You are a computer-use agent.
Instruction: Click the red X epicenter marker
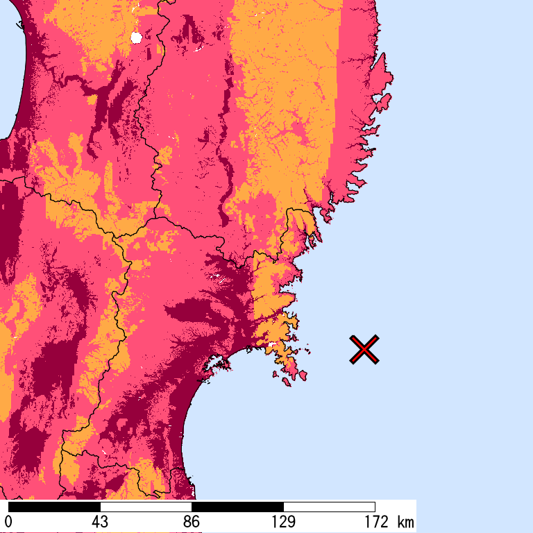click(x=364, y=349)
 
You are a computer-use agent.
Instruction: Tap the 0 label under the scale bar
click(x=8, y=522)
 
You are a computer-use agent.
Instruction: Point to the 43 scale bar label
click(x=100, y=522)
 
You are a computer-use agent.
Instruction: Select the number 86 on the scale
click(x=192, y=522)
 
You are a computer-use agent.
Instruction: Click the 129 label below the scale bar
click(x=283, y=522)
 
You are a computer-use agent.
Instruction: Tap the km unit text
click(x=405, y=522)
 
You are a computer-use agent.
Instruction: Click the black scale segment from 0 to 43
click(x=54, y=507)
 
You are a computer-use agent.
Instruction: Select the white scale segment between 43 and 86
click(x=146, y=507)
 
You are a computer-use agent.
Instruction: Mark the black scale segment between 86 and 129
click(x=237, y=507)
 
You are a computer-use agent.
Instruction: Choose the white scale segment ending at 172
click(x=329, y=507)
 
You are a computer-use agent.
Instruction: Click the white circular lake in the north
click(x=136, y=37)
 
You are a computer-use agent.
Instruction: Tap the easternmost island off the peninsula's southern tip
click(x=303, y=375)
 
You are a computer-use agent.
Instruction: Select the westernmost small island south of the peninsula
click(x=276, y=374)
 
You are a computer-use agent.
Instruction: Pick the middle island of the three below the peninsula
click(x=287, y=380)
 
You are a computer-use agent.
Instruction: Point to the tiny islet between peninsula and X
click(x=310, y=352)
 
